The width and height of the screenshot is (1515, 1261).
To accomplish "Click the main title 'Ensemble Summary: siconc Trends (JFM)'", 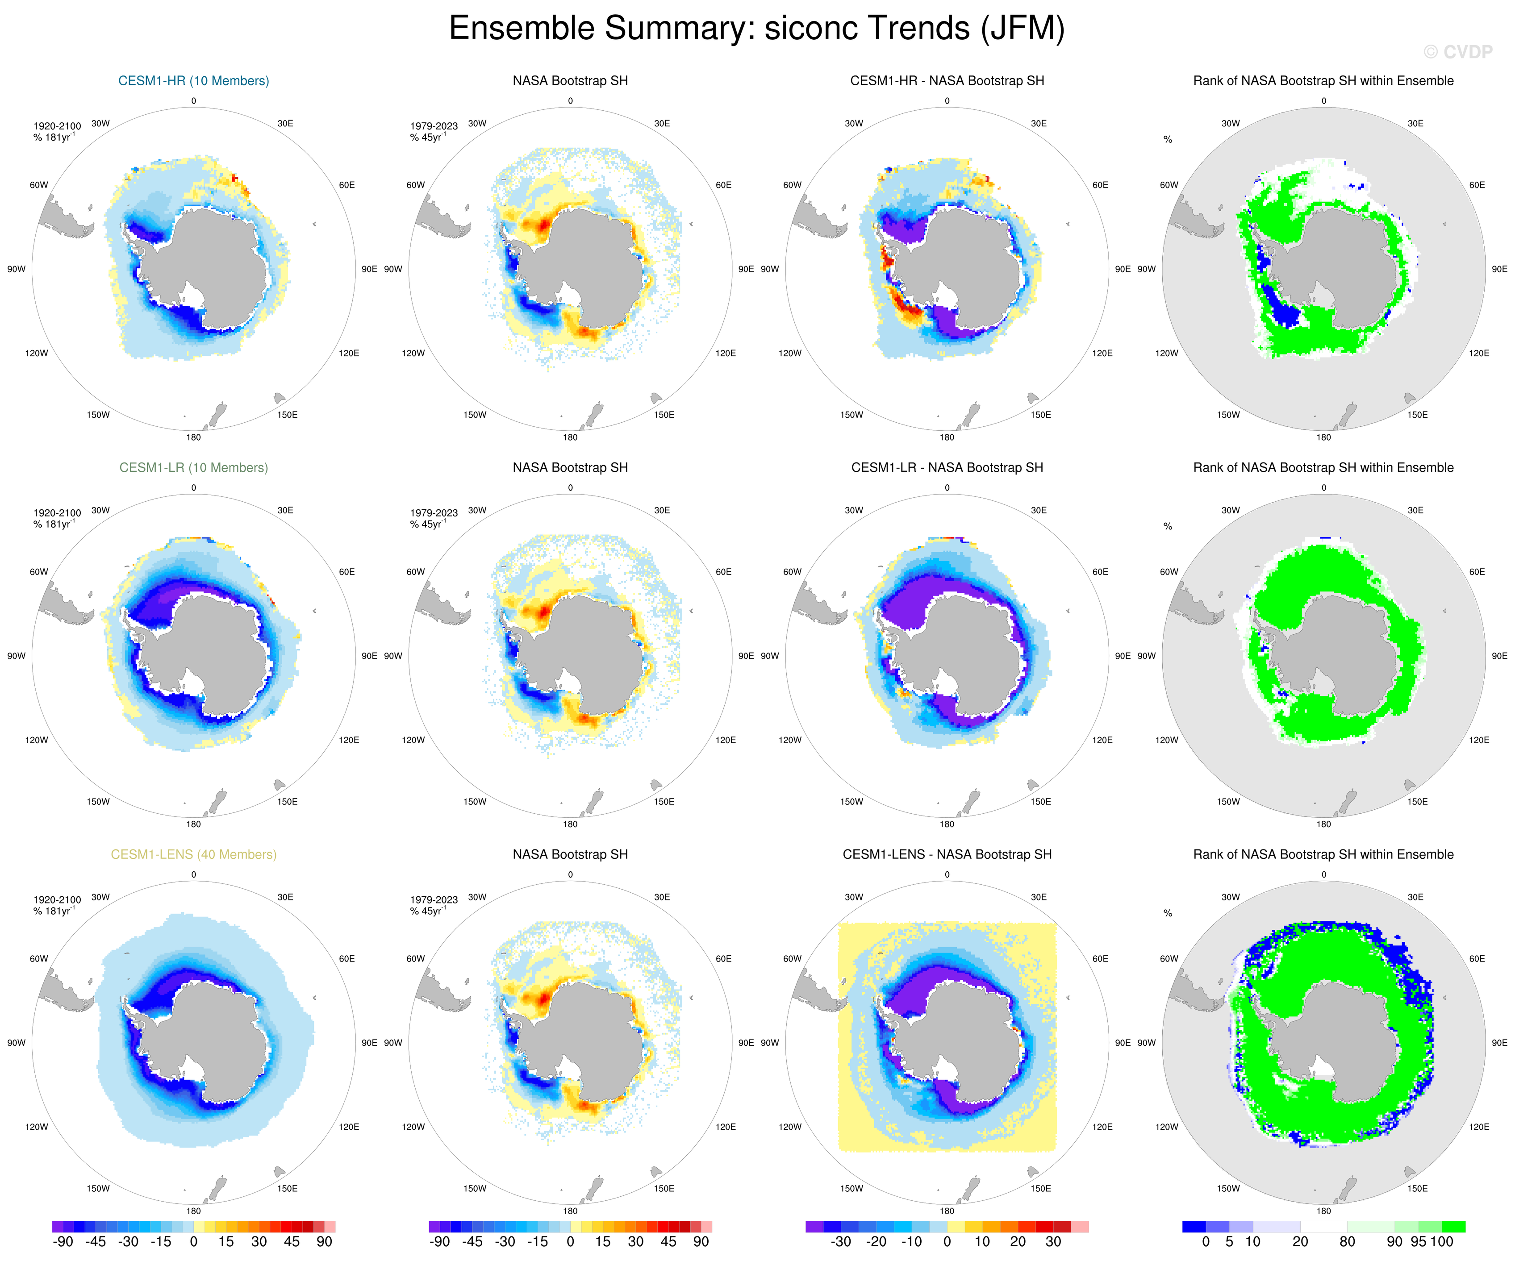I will pos(757,29).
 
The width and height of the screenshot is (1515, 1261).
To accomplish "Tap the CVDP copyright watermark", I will pos(1457,52).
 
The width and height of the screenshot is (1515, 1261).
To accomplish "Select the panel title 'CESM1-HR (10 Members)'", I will pos(193,81).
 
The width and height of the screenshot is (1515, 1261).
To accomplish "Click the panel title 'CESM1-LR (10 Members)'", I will pos(193,467).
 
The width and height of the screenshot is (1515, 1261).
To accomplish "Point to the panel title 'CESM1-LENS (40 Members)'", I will pos(193,854).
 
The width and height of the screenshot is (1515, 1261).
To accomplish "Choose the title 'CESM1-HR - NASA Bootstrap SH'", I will pos(947,81).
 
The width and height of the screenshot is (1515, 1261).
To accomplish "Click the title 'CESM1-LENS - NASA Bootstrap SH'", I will pos(947,854).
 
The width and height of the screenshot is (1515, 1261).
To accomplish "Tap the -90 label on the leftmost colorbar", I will pos(63,1241).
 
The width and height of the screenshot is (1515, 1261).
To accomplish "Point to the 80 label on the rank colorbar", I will pos(1347,1241).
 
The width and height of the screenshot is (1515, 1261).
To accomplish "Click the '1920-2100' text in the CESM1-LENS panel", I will pos(57,899).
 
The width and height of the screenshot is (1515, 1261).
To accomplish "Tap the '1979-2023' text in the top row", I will pos(434,126).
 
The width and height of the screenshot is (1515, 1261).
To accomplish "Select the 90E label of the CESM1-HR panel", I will pos(369,269).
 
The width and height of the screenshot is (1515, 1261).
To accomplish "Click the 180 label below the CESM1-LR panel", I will pos(193,824).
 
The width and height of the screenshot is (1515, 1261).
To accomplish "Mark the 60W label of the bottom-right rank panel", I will pos(1169,959).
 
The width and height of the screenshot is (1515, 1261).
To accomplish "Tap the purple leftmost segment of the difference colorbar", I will pos(814,1226).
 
